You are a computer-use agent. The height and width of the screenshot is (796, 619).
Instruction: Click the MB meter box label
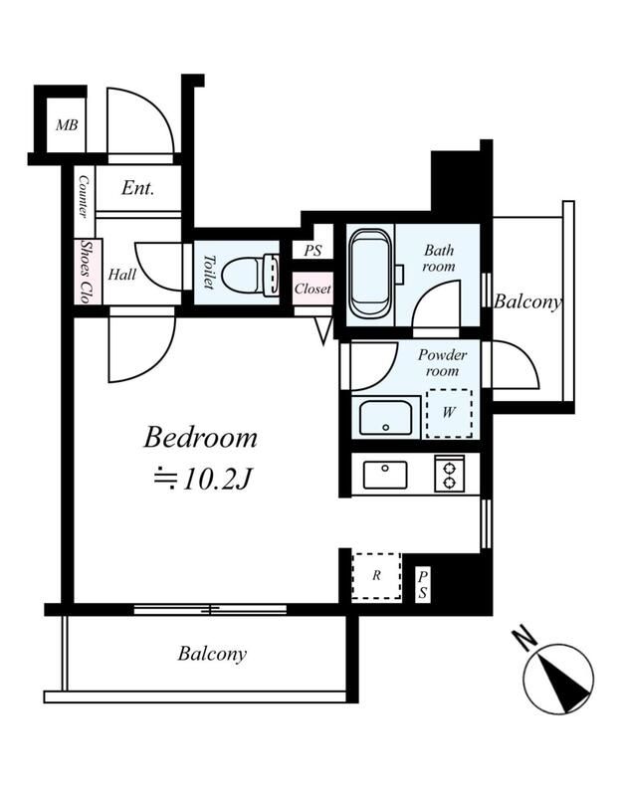67,125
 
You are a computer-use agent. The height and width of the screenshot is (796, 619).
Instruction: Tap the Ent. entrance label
137,188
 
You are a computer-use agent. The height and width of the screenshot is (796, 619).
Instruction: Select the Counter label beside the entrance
84,197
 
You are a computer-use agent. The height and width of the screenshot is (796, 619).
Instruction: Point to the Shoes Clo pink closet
89,271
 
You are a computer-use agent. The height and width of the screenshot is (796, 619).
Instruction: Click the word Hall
121,275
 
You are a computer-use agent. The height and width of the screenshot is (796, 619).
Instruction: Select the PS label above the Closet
312,251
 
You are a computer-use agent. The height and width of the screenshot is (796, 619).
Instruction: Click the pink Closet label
312,289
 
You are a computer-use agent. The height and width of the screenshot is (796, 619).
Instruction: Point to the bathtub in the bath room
370,274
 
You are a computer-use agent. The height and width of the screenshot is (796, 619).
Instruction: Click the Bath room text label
439,258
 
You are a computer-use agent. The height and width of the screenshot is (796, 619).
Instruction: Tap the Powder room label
442,362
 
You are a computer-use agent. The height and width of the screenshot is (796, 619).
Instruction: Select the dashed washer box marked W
449,413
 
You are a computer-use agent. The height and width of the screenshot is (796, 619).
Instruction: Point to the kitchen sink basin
385,475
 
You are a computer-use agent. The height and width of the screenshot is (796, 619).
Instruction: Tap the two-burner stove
450,474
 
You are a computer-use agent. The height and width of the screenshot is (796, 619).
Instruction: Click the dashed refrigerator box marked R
376,576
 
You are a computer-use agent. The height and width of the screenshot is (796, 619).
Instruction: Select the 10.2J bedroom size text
203,479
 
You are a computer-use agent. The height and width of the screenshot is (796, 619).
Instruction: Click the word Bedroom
201,438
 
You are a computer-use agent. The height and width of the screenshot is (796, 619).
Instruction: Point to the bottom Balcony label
212,654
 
